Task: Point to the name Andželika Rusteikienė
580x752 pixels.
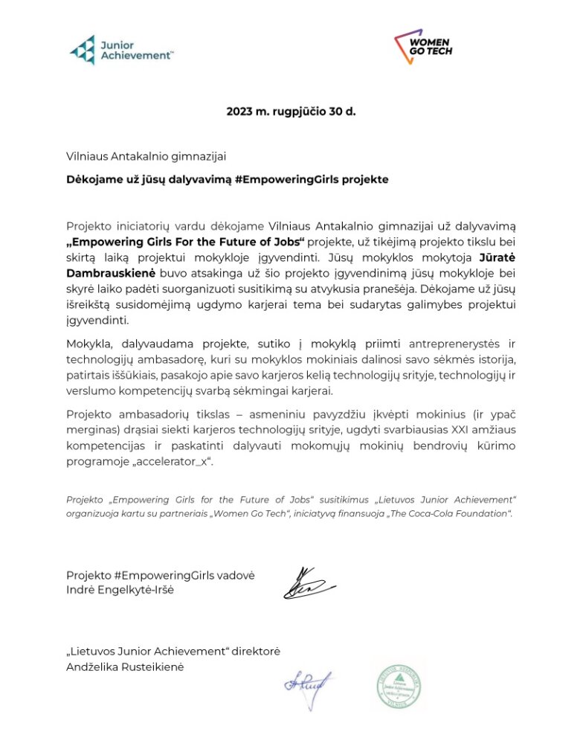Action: tap(125, 666)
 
